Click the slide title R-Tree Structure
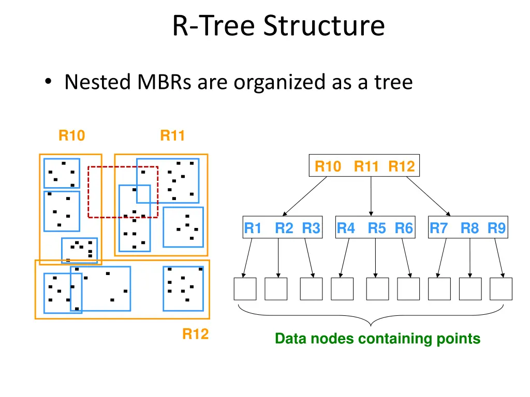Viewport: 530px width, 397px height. pos(278,26)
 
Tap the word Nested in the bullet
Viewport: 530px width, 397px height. pos(97,82)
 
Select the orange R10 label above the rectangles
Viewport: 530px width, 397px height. pos(71,136)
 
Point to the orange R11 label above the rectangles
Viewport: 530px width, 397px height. pos(172,136)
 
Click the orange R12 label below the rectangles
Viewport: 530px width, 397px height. pos(195,334)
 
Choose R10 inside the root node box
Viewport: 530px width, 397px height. pos(328,166)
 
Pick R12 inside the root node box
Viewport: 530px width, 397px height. pos(402,166)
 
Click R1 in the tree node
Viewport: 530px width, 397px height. pos(253,228)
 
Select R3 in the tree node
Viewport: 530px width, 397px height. pos(311,228)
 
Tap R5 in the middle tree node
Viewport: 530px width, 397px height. pos(377,228)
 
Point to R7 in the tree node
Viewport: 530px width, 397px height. pos(438,228)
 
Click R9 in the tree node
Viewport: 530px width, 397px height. pos(497,228)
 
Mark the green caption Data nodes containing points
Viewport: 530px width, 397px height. pos(377,339)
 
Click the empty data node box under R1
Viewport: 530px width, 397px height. pos(245,289)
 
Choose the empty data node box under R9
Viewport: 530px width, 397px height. pos(501,289)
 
